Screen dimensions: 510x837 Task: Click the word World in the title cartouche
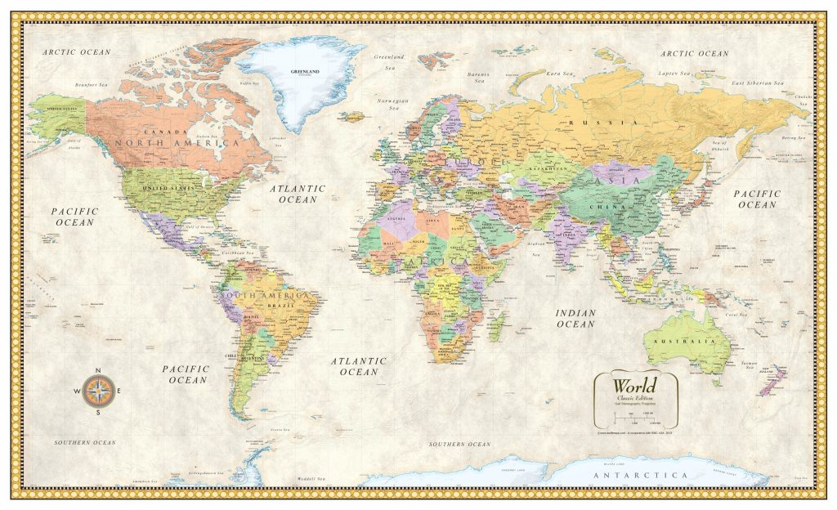point(635,385)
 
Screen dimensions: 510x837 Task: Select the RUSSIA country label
point(597,123)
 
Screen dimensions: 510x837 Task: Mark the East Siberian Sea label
point(757,83)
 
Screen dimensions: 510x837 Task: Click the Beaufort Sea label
point(92,84)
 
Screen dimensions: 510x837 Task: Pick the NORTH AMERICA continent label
point(177,143)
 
